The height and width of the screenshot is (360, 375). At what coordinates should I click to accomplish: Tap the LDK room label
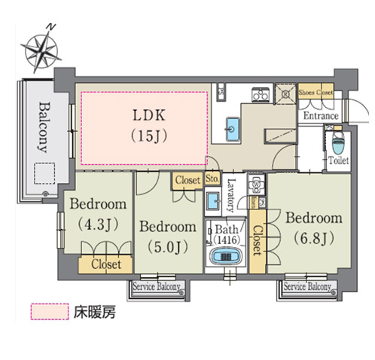click(149, 115)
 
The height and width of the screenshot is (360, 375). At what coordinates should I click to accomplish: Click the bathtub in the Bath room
click(225, 257)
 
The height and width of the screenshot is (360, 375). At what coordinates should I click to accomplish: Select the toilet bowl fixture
click(338, 143)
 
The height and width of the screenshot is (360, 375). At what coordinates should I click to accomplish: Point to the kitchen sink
click(233, 129)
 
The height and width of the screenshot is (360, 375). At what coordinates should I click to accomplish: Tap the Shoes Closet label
click(316, 93)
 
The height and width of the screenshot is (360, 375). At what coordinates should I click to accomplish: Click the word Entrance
click(321, 116)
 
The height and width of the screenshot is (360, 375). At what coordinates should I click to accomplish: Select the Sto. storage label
click(212, 178)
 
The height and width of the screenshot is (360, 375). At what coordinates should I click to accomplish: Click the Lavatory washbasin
click(213, 201)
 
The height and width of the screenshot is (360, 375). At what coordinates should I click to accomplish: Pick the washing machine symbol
click(256, 185)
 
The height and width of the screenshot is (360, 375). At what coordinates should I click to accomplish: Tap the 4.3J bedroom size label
click(98, 224)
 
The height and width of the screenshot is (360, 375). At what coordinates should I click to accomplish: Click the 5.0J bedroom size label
click(168, 247)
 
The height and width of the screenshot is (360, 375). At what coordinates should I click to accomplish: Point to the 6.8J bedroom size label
click(314, 238)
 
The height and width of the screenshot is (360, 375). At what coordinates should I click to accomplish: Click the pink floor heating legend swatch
click(50, 312)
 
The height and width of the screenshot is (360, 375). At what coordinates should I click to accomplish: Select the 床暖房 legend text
click(95, 313)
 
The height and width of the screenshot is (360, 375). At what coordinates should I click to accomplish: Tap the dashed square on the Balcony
click(44, 173)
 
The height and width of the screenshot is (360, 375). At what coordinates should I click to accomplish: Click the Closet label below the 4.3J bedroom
click(106, 264)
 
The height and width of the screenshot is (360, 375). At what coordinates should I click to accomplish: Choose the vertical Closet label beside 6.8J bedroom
click(257, 241)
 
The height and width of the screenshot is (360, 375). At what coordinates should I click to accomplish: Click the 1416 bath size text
click(227, 240)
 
